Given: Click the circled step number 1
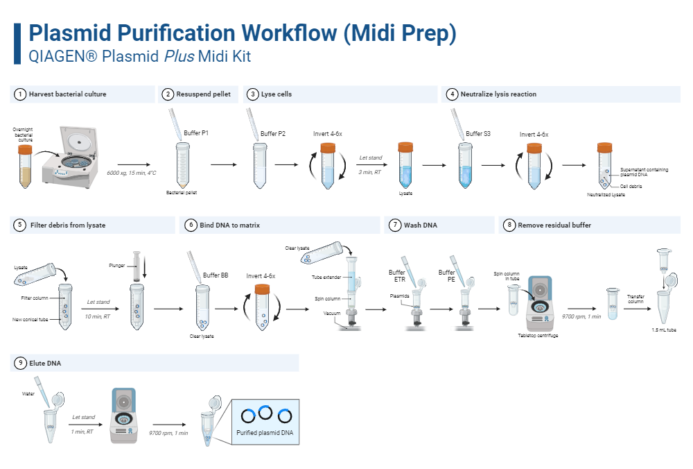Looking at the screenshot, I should (20, 94).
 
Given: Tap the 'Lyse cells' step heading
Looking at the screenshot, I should (277, 94).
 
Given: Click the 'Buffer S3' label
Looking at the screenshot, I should (478, 133).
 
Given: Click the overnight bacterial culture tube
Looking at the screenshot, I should (26, 165).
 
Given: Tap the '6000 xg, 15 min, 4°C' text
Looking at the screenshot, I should (132, 172).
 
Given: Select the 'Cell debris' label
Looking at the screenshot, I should (631, 186).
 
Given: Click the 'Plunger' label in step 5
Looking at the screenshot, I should (116, 265).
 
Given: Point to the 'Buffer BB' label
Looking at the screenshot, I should (216, 275).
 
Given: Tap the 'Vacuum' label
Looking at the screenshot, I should (332, 313).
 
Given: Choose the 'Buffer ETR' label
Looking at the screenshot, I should (397, 276).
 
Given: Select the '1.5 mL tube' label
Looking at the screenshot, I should (664, 330).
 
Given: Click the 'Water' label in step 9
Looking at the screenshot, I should (28, 393).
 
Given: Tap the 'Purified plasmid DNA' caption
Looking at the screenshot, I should (265, 433).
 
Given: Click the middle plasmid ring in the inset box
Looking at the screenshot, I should (265, 413).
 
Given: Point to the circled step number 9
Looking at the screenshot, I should (20, 363).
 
